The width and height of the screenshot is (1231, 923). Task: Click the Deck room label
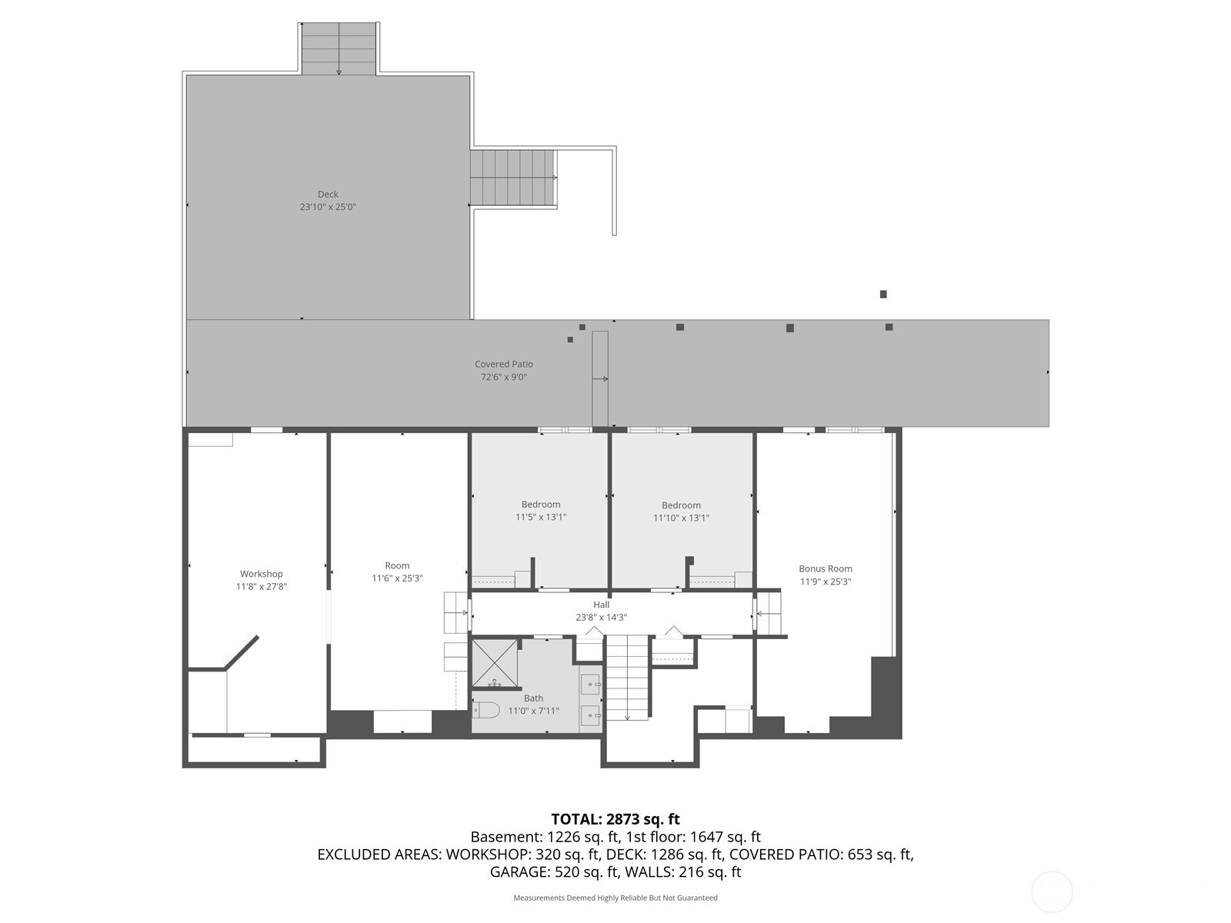pyautogui.click(x=328, y=195)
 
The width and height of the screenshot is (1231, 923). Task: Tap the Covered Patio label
pyautogui.click(x=504, y=365)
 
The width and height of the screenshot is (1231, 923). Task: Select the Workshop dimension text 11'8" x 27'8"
pyautogui.click(x=262, y=587)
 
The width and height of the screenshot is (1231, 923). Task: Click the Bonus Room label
pyautogui.click(x=825, y=569)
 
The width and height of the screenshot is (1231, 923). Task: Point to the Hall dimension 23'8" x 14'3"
pyautogui.click(x=601, y=618)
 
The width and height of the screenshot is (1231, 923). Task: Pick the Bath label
pyautogui.click(x=533, y=698)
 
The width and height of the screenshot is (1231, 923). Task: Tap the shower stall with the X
pyautogui.click(x=494, y=663)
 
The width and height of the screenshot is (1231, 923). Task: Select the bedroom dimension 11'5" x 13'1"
pyautogui.click(x=541, y=517)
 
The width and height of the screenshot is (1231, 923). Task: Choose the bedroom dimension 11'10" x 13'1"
pyautogui.click(x=681, y=518)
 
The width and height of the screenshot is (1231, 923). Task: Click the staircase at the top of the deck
pyautogui.click(x=339, y=48)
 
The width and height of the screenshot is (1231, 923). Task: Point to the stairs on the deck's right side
pyautogui.click(x=513, y=178)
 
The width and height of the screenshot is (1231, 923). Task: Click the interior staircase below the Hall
pyautogui.click(x=628, y=678)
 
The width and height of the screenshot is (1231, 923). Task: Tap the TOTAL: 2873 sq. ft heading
pyautogui.click(x=615, y=819)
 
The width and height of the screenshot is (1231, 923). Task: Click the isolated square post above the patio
pyautogui.click(x=883, y=295)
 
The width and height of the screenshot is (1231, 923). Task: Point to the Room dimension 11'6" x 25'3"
pyautogui.click(x=397, y=578)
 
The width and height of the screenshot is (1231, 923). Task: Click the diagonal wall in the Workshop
pyautogui.click(x=242, y=652)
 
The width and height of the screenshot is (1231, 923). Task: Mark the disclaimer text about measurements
pyautogui.click(x=615, y=898)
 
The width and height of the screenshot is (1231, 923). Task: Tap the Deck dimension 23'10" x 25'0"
pyautogui.click(x=328, y=207)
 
